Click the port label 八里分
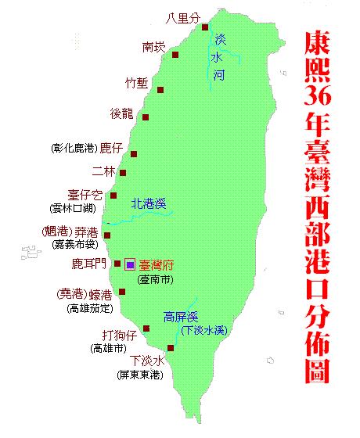click(183, 18)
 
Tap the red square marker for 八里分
click(205, 28)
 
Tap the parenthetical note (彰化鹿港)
click(74, 147)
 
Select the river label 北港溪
click(149, 204)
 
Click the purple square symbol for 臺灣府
click(130, 264)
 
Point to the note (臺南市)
click(157, 278)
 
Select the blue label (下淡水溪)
click(205, 331)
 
